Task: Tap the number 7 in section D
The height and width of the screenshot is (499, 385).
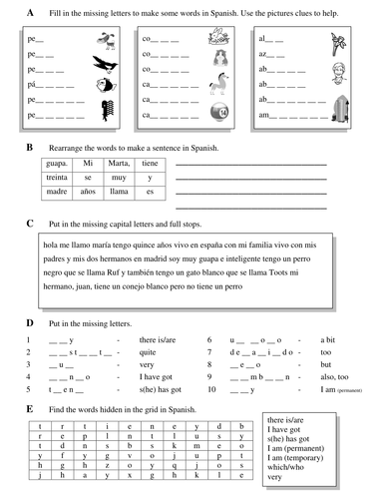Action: pyautogui.click(x=208, y=353)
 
